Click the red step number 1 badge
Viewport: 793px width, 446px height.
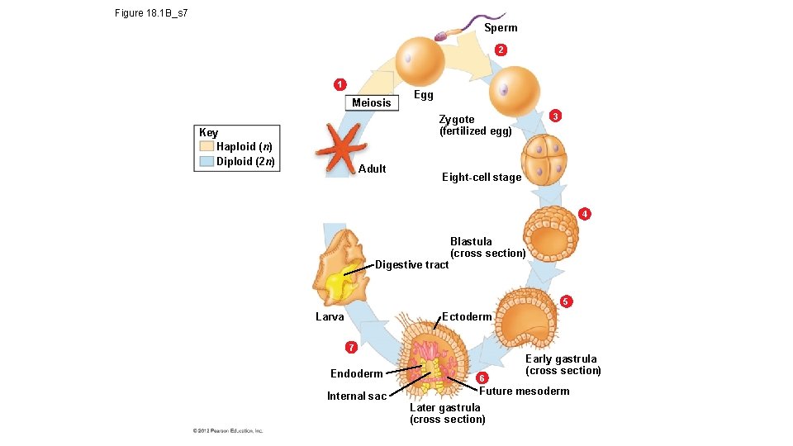pyautogui.click(x=339, y=83)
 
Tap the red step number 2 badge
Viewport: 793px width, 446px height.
pyautogui.click(x=501, y=51)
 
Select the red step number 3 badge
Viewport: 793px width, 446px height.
pyautogui.click(x=556, y=116)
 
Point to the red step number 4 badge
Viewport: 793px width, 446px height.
pyautogui.click(x=585, y=215)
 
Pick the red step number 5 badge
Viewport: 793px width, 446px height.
pyautogui.click(x=565, y=301)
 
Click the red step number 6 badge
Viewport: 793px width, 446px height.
pyautogui.click(x=482, y=377)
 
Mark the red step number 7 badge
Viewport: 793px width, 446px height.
pyautogui.click(x=351, y=346)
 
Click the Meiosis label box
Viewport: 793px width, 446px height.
pyautogui.click(x=371, y=102)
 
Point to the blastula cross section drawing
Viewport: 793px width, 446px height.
pyautogui.click(x=550, y=235)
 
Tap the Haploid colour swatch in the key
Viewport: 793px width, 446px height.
pyautogui.click(x=206, y=146)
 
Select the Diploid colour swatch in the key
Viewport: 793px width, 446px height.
pyautogui.click(x=206, y=161)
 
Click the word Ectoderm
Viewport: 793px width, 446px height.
pyautogui.click(x=467, y=316)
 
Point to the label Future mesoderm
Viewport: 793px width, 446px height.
pyautogui.click(x=524, y=391)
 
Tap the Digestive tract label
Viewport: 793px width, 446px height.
pyautogui.click(x=411, y=265)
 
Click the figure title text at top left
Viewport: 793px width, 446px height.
pyautogui.click(x=152, y=13)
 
